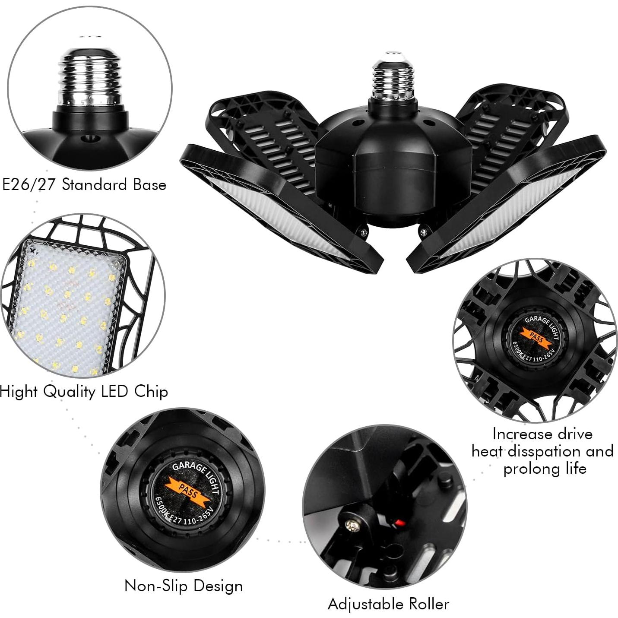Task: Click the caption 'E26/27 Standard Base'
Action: (84, 185)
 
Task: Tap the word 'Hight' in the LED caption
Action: (18, 392)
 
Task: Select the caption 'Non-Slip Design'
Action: (184, 586)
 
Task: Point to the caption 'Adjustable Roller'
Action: (388, 604)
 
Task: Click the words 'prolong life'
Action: (545, 469)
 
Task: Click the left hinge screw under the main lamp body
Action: (364, 233)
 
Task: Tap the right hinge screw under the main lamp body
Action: (424, 232)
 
